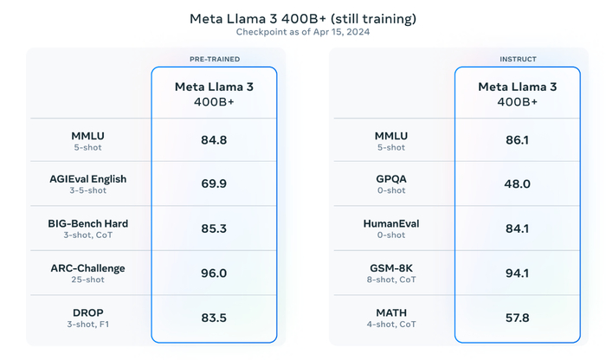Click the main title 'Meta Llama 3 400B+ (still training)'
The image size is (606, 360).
tap(303, 17)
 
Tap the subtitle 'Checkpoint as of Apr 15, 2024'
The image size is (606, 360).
tap(303, 33)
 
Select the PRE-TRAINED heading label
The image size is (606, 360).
tap(215, 59)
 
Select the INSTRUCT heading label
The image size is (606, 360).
tap(518, 59)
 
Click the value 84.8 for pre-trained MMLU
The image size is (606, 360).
tap(215, 139)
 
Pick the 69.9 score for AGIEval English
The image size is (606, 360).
tap(215, 183)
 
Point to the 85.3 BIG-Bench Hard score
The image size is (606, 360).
tap(215, 228)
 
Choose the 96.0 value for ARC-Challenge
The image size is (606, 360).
tap(215, 273)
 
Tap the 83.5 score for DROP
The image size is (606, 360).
tap(215, 318)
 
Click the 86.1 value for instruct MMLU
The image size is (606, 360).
tap(518, 139)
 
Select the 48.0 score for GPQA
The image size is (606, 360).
tap(518, 183)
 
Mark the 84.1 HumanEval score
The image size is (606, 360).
tap(518, 228)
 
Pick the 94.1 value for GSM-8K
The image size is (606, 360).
tap(518, 273)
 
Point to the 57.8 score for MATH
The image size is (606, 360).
tap(518, 318)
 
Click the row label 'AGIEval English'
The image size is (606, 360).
tap(88, 179)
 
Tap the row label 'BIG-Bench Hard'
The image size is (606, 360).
tap(88, 223)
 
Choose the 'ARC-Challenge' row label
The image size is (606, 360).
tap(88, 268)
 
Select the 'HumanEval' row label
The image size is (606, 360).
tap(391, 223)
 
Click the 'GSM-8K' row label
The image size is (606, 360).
tap(391, 268)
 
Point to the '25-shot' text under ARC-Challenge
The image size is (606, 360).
tap(88, 280)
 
